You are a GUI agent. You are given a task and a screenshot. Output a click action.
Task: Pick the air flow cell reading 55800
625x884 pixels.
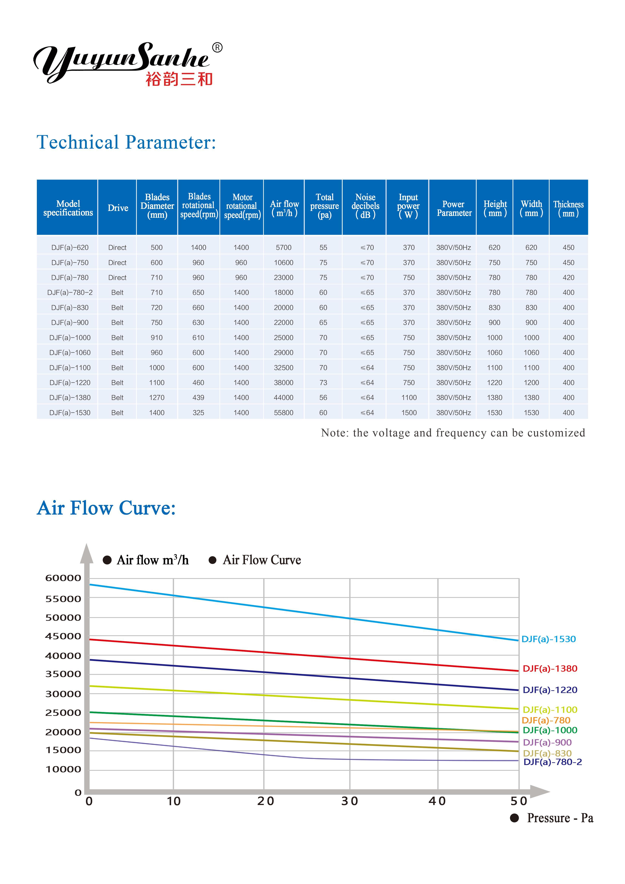pos(283,413)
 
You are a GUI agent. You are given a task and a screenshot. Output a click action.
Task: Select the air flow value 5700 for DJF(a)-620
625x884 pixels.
pos(283,248)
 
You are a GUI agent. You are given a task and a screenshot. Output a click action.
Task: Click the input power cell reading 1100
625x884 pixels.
pos(409,398)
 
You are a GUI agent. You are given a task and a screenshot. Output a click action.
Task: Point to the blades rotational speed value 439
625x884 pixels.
pos(198,398)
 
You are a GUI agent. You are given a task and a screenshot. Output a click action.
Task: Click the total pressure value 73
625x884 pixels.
pos(323,383)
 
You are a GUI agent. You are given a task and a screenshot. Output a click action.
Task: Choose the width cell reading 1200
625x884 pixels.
pos(531,383)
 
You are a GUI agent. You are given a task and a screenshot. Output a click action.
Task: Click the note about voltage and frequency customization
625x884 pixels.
pos(453,433)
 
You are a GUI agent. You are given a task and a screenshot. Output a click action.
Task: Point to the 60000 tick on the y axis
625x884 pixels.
pos(63,578)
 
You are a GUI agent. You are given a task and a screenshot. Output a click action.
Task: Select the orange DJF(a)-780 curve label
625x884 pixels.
pos(546,720)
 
